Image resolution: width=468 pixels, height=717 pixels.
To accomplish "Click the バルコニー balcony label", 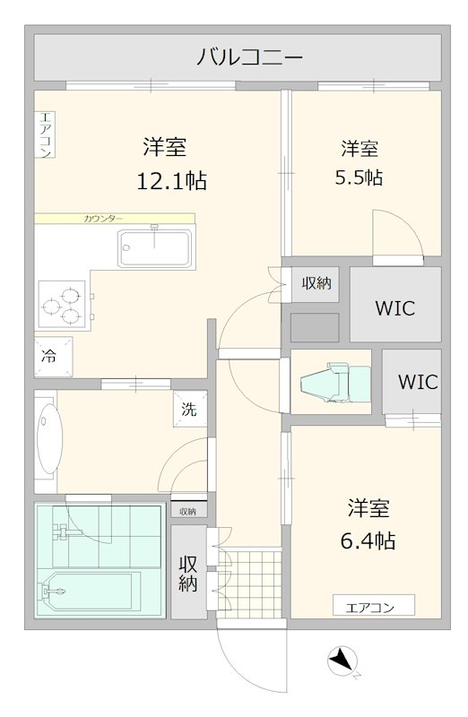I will [x=238, y=58].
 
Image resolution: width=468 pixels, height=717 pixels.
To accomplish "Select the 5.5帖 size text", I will [x=359, y=177].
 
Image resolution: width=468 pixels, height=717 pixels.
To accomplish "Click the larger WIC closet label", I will [x=394, y=308].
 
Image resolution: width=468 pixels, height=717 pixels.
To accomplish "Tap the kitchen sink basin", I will [x=155, y=247].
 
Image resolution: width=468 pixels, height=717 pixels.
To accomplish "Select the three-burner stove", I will [x=62, y=305].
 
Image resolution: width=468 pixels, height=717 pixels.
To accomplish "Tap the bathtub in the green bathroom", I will [x=86, y=591].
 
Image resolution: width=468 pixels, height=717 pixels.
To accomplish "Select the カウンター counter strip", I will [x=115, y=218].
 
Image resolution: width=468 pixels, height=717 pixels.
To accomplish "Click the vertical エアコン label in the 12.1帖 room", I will [x=45, y=134].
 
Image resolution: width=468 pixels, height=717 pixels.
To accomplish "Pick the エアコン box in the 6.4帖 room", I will [x=374, y=607].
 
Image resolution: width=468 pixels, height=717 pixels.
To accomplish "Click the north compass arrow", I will [x=341, y=662].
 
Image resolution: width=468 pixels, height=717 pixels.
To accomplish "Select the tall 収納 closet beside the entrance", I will [x=188, y=573].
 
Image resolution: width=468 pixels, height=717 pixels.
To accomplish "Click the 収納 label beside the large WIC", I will [x=316, y=283].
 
